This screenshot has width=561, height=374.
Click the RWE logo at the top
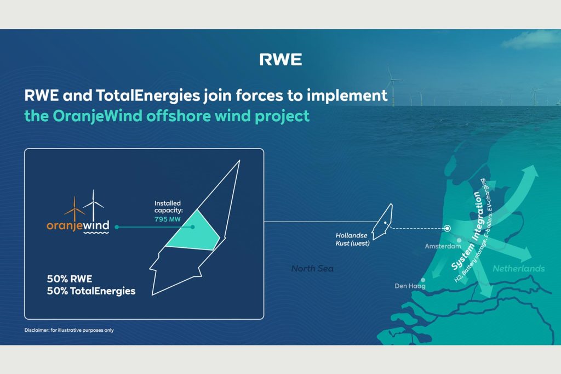[280, 59]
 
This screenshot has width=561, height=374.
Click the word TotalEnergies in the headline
[147, 95]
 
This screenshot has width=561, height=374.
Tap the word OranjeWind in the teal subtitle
[98, 116]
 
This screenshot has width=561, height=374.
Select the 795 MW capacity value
[168, 219]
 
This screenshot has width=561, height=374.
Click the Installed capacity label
[168, 207]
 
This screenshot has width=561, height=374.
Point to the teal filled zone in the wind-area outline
[193, 231]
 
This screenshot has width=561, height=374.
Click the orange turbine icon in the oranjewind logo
[75, 209]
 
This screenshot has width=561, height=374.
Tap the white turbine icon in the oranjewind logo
[93, 205]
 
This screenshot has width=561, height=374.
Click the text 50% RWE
[70, 279]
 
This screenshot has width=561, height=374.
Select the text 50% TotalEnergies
[91, 291]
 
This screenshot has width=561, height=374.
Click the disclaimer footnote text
[69, 330]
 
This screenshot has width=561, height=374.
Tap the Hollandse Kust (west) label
[352, 239]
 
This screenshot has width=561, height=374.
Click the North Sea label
[312, 268]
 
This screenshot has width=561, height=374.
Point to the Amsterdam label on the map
[443, 246]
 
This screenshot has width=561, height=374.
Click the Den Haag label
[410, 286]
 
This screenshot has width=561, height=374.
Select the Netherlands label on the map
[519, 268]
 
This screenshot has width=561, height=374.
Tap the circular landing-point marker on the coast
[447, 228]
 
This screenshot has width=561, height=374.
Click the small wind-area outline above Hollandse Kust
[382, 222]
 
